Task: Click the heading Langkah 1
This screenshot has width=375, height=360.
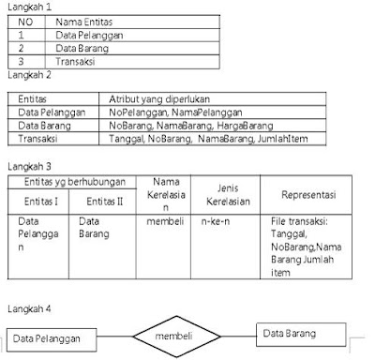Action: (25, 7)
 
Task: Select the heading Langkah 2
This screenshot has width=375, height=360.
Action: (25, 72)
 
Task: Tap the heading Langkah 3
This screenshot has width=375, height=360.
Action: (26, 166)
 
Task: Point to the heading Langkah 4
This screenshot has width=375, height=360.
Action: (26, 307)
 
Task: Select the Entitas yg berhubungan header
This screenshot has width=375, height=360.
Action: (69, 178)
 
